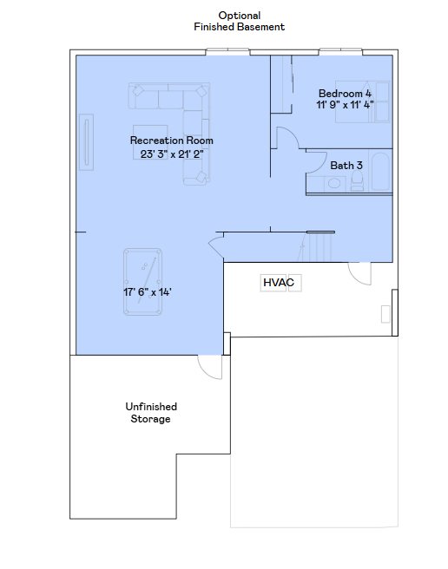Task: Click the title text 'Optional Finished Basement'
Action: (239, 22)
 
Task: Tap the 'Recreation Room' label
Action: (171, 141)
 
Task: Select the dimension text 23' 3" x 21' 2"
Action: (171, 154)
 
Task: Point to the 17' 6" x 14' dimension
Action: (147, 292)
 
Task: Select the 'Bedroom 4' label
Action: (345, 94)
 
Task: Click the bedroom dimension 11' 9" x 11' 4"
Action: (345, 106)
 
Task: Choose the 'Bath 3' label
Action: (346, 165)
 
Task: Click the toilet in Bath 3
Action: (357, 180)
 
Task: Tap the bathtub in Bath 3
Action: (380, 172)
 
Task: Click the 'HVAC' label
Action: (279, 283)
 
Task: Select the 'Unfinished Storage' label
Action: (151, 413)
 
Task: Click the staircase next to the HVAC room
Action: (320, 247)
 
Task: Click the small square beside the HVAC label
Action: (295, 284)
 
